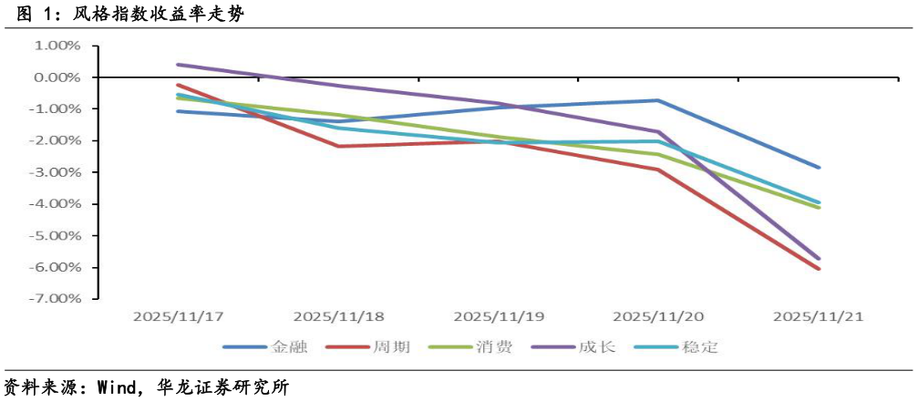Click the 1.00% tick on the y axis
(58, 46)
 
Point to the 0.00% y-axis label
(58, 77)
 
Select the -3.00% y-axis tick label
(57, 172)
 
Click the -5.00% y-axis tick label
(57, 235)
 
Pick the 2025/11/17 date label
(179, 317)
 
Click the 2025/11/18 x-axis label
(338, 317)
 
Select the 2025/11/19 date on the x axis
(499, 317)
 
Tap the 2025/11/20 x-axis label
(658, 317)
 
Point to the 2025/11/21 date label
(818, 317)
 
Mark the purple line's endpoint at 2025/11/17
(179, 65)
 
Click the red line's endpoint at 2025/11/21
(819, 269)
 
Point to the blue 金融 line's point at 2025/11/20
(658, 100)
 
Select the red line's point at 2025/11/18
(338, 146)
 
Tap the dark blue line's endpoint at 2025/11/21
(819, 168)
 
